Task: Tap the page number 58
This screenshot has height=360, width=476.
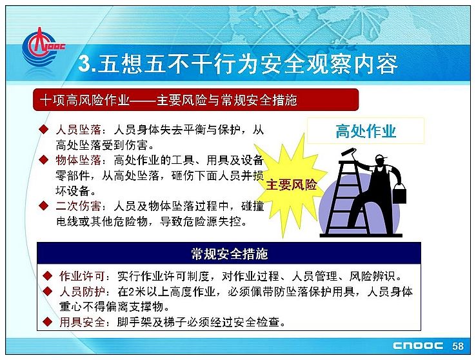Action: (458, 346)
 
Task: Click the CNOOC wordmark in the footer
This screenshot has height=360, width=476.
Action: (418, 346)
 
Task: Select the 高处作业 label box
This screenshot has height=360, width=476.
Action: (366, 131)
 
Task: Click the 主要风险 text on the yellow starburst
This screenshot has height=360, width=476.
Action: (291, 185)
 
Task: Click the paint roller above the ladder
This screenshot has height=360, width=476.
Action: (348, 152)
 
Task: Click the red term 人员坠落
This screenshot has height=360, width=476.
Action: (78, 130)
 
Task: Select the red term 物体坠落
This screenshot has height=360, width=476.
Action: (78, 160)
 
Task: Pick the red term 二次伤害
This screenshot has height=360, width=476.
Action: (78, 206)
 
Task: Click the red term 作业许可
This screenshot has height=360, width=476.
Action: (82, 276)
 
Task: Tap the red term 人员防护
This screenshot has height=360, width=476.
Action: (82, 292)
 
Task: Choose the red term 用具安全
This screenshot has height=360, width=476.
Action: (82, 322)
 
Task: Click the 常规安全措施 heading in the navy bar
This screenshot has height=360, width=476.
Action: (229, 254)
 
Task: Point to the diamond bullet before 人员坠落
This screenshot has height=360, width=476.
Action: (44, 129)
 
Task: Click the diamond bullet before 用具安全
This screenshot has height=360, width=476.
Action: (47, 321)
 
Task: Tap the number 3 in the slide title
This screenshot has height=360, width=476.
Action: (84, 64)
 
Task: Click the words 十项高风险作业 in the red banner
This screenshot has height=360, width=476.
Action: (84, 100)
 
